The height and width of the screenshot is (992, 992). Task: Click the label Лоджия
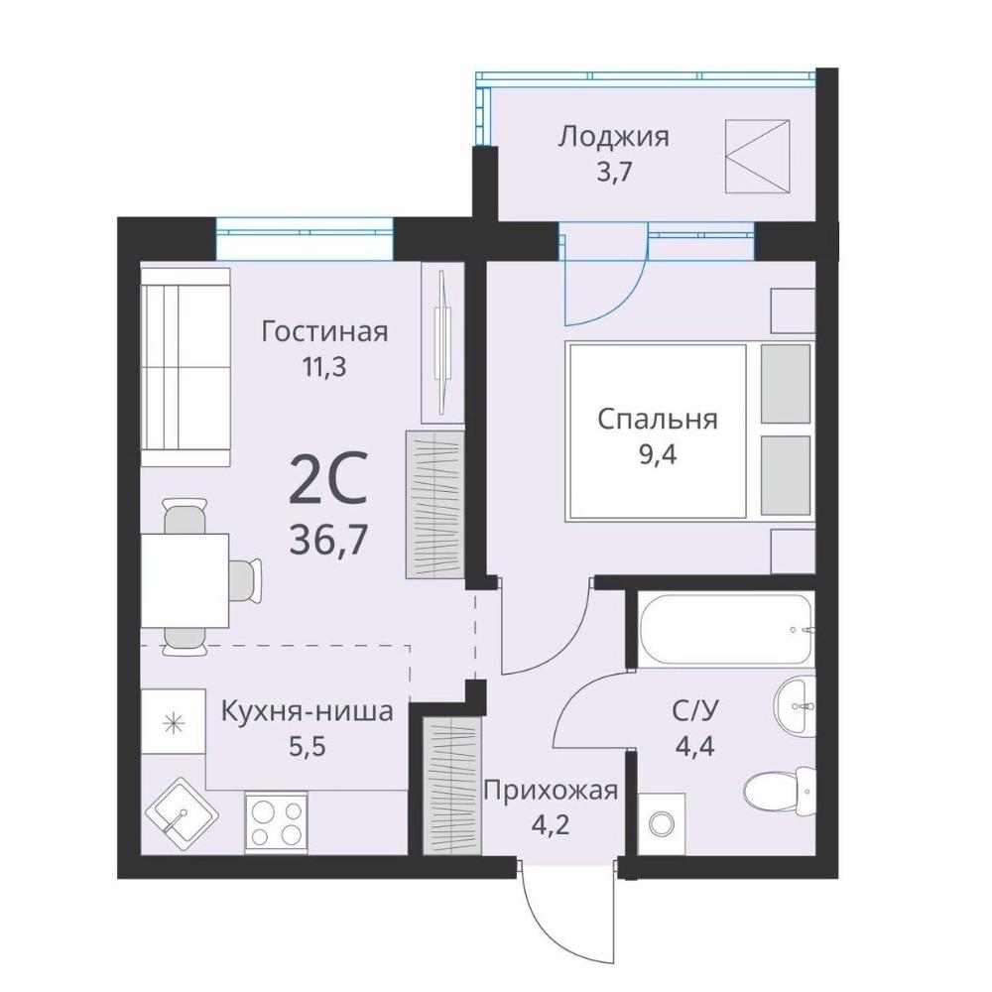(612, 137)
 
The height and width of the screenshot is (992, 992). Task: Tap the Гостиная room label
(324, 331)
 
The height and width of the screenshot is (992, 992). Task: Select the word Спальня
(658, 420)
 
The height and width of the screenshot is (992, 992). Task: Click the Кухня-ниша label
(307, 711)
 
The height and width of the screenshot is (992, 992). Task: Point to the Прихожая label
(551, 791)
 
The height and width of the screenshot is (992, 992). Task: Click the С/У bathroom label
(694, 712)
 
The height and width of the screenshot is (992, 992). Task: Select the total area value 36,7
(327, 541)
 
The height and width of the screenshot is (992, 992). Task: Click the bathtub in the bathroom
(726, 628)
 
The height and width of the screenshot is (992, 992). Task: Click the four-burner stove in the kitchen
(276, 820)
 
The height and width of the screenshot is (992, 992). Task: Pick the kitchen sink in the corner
(183, 815)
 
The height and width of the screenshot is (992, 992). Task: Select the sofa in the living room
(185, 367)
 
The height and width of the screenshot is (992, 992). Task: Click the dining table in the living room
(185, 580)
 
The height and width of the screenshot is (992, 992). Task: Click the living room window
(305, 238)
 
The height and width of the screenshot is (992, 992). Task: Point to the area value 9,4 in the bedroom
(658, 454)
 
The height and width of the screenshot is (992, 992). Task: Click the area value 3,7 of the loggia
(613, 171)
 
